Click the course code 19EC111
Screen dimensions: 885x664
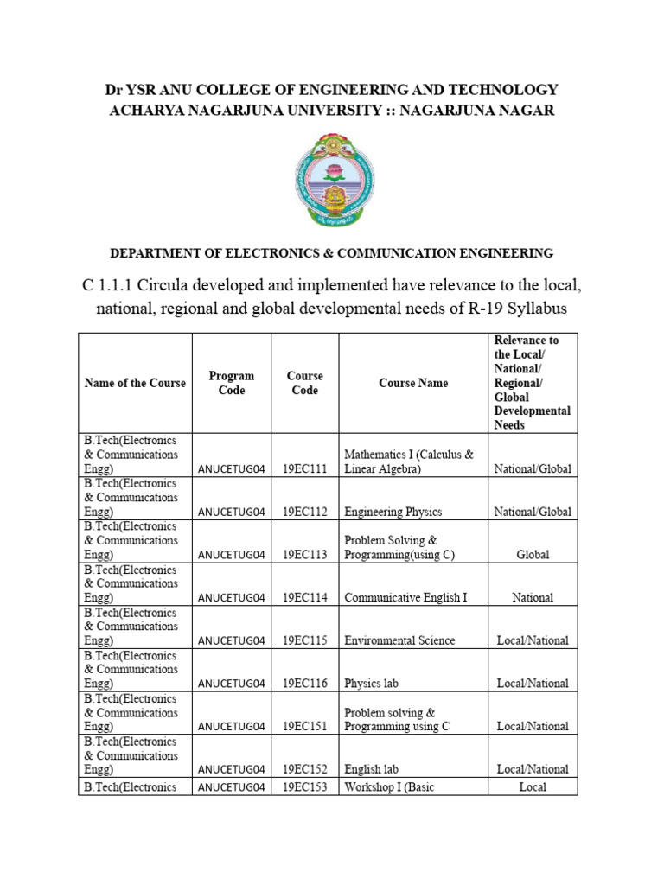[305, 468]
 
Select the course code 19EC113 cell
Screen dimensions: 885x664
[305, 555]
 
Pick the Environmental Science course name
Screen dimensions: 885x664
[399, 640]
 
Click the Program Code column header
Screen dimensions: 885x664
[232, 383]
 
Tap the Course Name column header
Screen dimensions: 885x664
[413, 383]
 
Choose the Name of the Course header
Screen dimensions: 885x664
[135, 383]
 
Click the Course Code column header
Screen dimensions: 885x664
[305, 383]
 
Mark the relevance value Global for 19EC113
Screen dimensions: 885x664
[533, 555]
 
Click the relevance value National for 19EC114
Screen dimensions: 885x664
[533, 597]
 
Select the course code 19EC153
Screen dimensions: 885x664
[305, 786]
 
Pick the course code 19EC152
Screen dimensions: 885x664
[305, 769]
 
